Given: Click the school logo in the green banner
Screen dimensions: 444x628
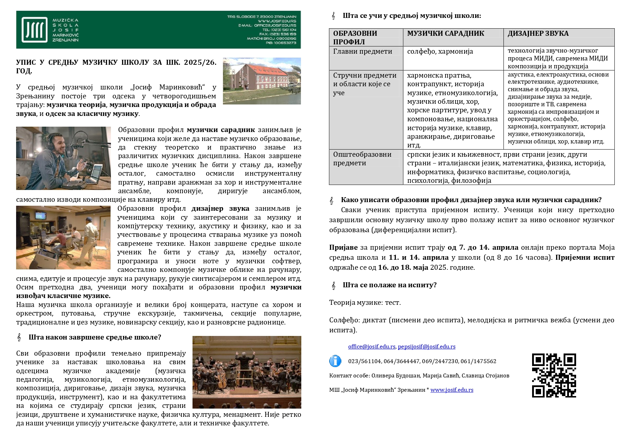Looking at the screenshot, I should [34, 30].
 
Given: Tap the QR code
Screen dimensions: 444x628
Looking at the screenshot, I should [554, 375].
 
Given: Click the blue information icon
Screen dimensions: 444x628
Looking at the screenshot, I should [335, 361].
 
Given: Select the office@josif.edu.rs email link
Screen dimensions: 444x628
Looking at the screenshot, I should [371, 347].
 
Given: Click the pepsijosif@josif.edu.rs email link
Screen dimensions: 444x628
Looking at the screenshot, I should [427, 347].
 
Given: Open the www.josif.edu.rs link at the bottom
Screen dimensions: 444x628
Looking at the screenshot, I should [452, 390].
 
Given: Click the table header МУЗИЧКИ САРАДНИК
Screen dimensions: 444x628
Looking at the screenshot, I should [446, 34].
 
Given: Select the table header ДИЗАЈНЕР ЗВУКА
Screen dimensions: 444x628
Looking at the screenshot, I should [538, 34].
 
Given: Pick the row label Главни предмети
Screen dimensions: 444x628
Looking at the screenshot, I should [362, 52].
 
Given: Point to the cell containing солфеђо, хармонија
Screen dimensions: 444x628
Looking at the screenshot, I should [440, 52].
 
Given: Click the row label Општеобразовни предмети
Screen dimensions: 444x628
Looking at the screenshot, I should [362, 159].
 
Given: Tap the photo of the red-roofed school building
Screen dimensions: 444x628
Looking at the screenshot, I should [262, 81].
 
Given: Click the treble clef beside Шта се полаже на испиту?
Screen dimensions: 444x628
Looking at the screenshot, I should [334, 286].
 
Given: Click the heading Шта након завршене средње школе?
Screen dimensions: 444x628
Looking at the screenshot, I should [95, 337].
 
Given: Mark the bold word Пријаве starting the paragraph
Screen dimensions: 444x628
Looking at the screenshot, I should [343, 248].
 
